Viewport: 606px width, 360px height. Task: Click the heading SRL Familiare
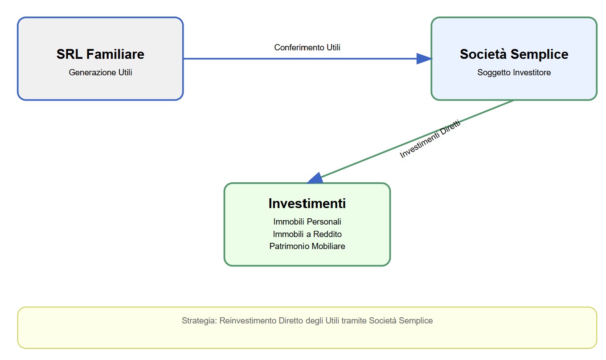click(x=100, y=54)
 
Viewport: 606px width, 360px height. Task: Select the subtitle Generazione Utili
click(x=100, y=73)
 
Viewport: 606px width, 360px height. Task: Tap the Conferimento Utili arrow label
click(x=307, y=48)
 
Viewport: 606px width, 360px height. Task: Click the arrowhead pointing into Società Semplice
click(x=424, y=59)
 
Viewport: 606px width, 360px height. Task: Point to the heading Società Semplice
click(x=514, y=54)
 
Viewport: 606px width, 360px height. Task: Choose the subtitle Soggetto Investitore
click(x=514, y=73)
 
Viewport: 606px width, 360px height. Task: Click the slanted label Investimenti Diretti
click(x=430, y=139)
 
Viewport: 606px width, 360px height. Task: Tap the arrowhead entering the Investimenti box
click(x=315, y=179)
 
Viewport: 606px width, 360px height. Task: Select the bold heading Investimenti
click(x=307, y=204)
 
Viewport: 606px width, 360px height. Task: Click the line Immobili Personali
click(x=307, y=222)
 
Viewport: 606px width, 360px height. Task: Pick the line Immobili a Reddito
click(x=307, y=234)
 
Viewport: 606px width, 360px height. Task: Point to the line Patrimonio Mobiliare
click(x=307, y=246)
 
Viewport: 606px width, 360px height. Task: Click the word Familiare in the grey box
click(x=115, y=54)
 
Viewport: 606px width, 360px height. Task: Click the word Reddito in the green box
click(x=328, y=234)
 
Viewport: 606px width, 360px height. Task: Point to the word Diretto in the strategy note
click(x=291, y=321)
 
